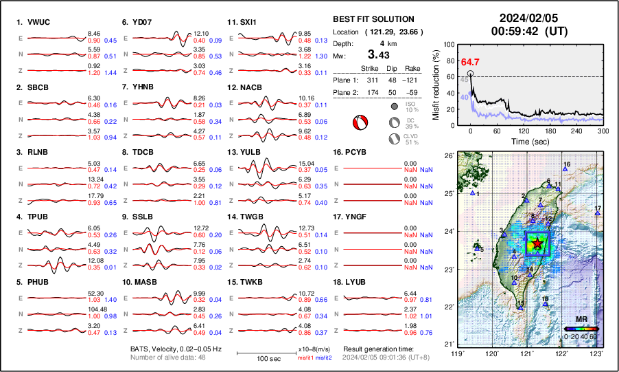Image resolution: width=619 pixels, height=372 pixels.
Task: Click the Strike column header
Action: [x=370, y=69]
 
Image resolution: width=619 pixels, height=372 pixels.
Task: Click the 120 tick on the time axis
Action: [x=524, y=131]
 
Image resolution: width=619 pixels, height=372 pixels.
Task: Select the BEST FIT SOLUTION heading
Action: [x=373, y=19]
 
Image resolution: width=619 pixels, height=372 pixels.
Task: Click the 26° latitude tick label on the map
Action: [x=447, y=155]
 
